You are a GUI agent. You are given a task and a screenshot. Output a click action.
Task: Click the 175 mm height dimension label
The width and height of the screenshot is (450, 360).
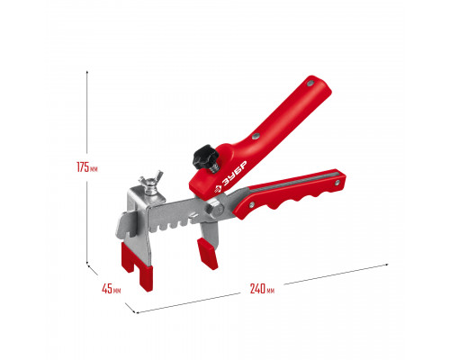pyautogui.click(x=87, y=166)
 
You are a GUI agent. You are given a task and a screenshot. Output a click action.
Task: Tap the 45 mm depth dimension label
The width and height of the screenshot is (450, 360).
pyautogui.click(x=112, y=289)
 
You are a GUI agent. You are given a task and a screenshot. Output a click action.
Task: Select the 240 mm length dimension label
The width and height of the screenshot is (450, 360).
pyautogui.click(x=262, y=289)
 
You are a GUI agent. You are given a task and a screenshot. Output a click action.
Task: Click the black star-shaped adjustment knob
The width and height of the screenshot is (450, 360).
pyautogui.click(x=205, y=156)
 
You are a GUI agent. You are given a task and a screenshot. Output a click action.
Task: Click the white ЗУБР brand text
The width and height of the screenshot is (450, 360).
pyautogui.click(x=235, y=174)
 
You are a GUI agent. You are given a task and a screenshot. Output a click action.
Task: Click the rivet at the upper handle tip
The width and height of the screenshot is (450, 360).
pyautogui.click(x=310, y=83)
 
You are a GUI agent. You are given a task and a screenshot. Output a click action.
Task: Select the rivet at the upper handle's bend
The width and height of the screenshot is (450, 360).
pyautogui.click(x=256, y=137)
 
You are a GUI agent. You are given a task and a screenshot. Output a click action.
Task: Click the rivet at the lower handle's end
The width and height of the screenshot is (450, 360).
pyautogui.click(x=337, y=183)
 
